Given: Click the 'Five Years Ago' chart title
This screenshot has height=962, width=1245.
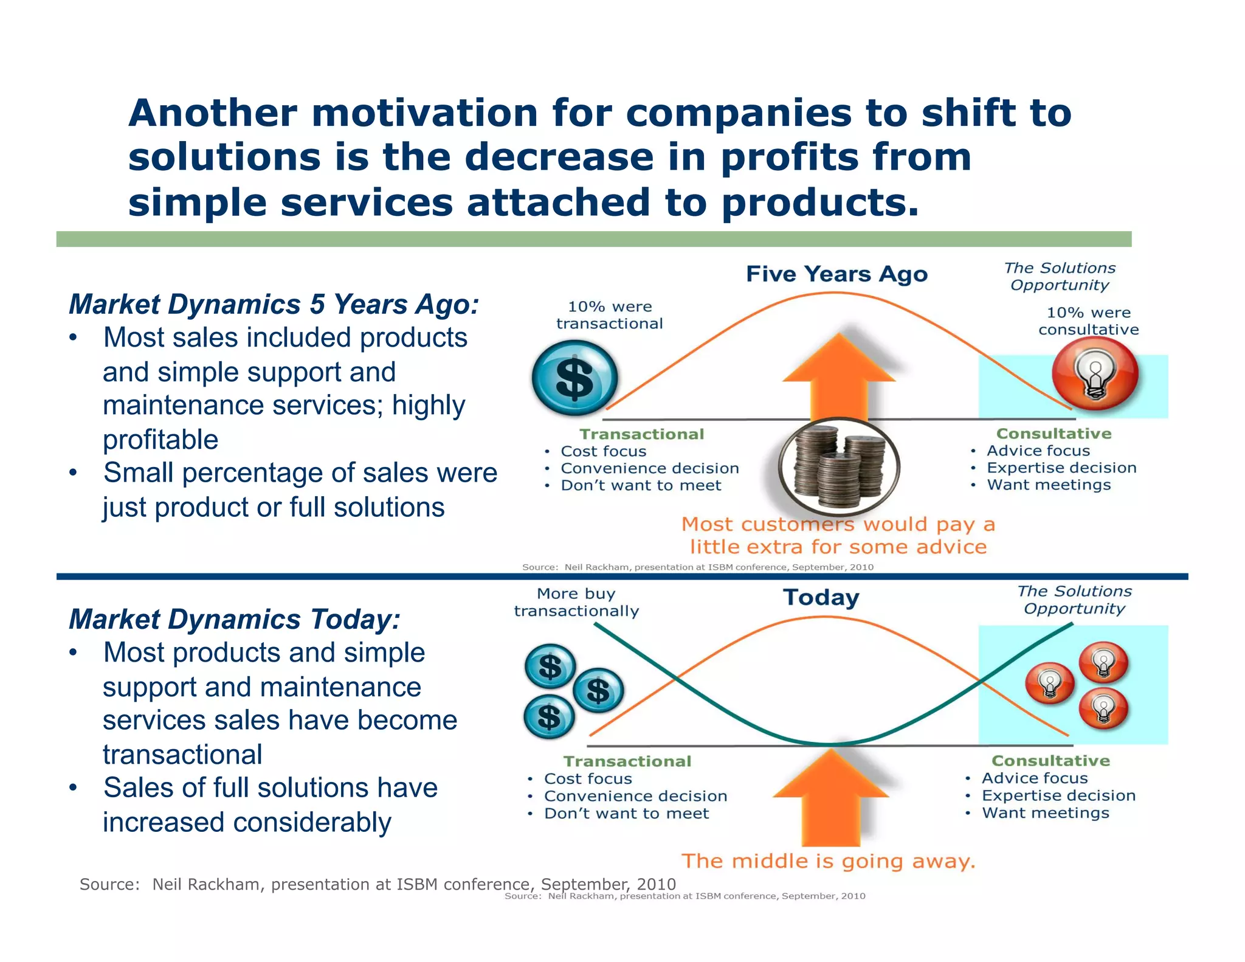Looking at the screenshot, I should click(x=836, y=274).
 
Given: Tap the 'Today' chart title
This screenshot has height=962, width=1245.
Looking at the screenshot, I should click(x=821, y=597).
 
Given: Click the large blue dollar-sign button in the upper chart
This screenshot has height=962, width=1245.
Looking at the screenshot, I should click(x=574, y=378).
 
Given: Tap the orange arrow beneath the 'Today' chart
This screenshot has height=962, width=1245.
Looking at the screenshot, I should click(x=831, y=797).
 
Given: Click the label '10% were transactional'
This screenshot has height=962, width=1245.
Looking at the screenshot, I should click(x=609, y=315).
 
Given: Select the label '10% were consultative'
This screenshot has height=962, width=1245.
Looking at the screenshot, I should click(x=1088, y=321).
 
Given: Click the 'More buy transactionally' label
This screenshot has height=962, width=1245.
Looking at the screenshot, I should click(x=576, y=602).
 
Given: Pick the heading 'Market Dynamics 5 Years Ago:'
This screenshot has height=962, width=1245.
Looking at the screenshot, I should click(x=274, y=304).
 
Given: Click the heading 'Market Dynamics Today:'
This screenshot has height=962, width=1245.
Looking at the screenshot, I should click(x=235, y=619).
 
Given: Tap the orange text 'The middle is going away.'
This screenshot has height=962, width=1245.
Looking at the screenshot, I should click(x=828, y=861).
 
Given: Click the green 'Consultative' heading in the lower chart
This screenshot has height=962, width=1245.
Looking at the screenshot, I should click(x=1050, y=761).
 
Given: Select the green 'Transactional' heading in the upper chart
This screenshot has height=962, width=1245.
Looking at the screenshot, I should click(x=641, y=434).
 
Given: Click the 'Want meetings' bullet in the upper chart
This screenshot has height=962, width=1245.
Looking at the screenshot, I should click(x=1048, y=485).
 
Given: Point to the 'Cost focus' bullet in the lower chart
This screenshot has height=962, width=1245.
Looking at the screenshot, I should click(x=587, y=779).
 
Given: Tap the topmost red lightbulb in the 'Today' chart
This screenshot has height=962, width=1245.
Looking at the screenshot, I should click(x=1103, y=662).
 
